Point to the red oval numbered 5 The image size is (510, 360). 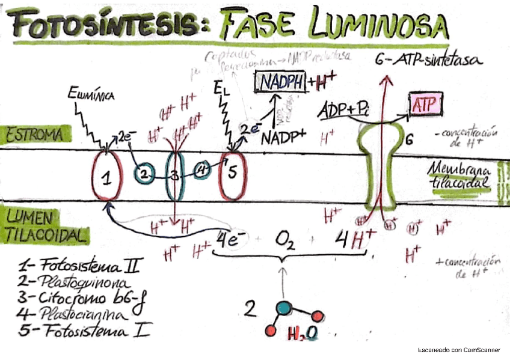pyautogui.click(x=233, y=175)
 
